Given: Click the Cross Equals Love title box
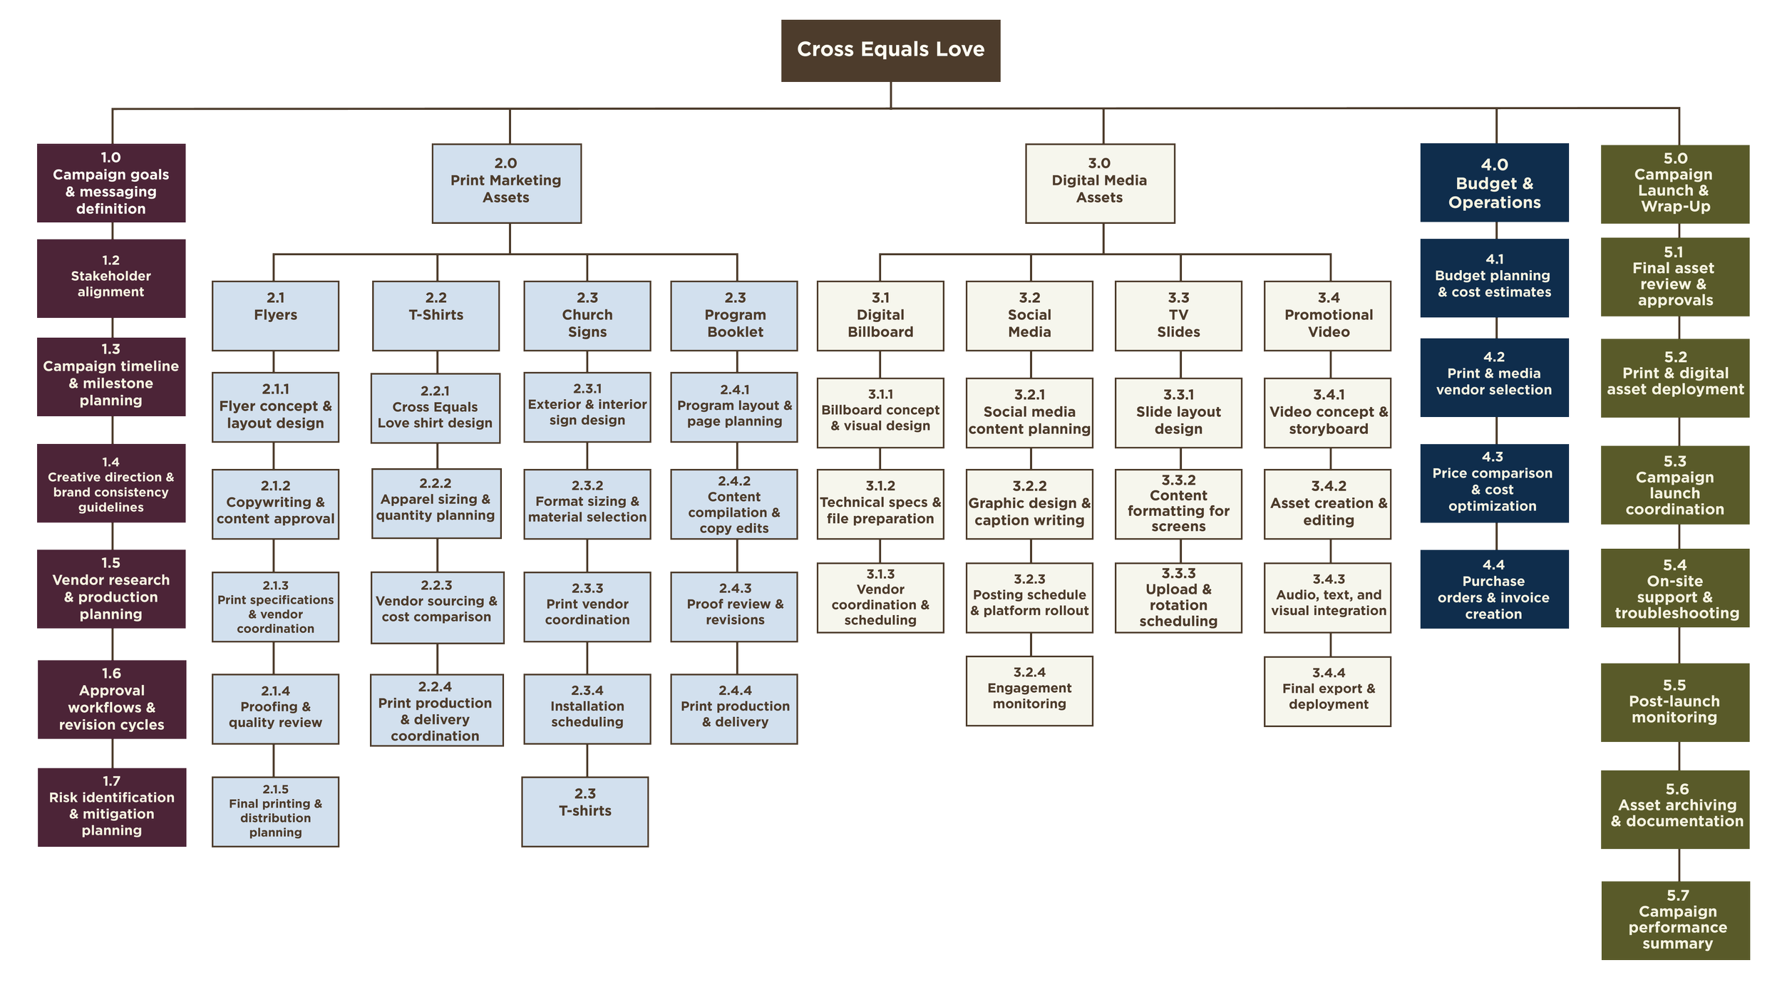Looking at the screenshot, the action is (890, 50).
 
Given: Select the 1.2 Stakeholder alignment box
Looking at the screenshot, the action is (111, 278).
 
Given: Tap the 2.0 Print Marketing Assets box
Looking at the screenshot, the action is (506, 183).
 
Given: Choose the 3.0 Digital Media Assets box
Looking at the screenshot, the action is (1100, 183).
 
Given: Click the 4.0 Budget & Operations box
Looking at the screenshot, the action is (1494, 183).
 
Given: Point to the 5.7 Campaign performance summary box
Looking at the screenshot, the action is (1677, 919).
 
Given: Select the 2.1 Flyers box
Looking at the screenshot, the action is (275, 315).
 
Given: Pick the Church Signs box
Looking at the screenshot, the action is (587, 315).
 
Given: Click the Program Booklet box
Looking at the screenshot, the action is (734, 315).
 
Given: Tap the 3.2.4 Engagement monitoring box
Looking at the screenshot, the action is (1029, 690).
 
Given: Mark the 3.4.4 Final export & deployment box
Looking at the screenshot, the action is (1328, 690).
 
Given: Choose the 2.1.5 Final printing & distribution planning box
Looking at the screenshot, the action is (275, 811).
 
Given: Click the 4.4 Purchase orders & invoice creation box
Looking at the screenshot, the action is (1493, 589).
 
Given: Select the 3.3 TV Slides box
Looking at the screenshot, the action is (1178, 315).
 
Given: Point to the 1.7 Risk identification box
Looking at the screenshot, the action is (112, 806).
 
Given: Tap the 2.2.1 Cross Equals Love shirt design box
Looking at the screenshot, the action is (436, 408).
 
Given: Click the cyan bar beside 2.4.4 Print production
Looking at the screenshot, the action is (661, 713).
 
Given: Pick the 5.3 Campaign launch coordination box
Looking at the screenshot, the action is (1674, 485).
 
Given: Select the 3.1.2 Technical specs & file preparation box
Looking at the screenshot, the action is (880, 503).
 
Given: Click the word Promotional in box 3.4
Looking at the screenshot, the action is (1329, 315).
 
